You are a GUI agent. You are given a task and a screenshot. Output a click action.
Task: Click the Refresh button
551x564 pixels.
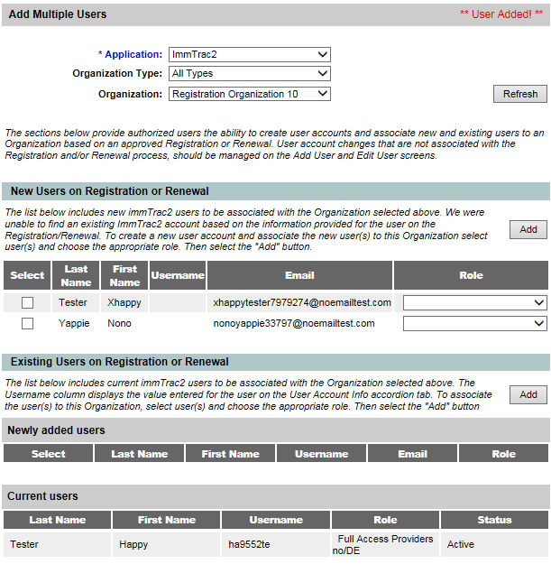coord(520,94)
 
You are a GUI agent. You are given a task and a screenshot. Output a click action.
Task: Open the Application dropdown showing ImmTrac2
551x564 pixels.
coord(250,54)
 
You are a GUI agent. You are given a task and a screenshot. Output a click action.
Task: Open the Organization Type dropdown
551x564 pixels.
coord(250,74)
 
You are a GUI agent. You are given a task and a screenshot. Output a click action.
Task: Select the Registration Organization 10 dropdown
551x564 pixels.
coord(250,94)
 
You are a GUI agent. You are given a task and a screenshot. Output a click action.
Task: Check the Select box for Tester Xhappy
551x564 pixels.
coord(27,303)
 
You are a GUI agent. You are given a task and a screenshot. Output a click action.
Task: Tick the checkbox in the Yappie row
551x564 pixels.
coord(27,323)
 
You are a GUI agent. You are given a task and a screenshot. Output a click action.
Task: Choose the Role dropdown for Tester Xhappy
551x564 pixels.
coord(474,303)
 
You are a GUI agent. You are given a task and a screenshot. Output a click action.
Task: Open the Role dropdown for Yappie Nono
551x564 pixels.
coord(474,323)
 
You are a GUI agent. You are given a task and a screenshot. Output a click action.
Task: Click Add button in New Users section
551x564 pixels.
coord(528,230)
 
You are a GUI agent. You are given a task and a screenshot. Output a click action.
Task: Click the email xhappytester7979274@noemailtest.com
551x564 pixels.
coord(302,303)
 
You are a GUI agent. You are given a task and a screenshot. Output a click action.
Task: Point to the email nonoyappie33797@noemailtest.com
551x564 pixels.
coord(294,323)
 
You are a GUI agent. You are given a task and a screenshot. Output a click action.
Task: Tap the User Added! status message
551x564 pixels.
coord(501,14)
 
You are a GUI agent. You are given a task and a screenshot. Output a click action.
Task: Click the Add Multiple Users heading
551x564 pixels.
coord(58,14)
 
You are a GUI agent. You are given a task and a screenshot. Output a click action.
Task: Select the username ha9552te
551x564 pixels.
coord(248,545)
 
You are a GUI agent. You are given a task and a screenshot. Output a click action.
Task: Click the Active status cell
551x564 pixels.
coord(461,545)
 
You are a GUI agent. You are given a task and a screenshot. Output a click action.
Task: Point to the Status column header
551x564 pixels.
coord(494,520)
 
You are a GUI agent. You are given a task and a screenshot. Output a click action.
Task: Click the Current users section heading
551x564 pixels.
coord(42,496)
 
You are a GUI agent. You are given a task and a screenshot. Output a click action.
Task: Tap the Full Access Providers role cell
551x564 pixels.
coord(384,544)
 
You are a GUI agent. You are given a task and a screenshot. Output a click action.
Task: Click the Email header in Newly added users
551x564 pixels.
coord(412,454)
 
